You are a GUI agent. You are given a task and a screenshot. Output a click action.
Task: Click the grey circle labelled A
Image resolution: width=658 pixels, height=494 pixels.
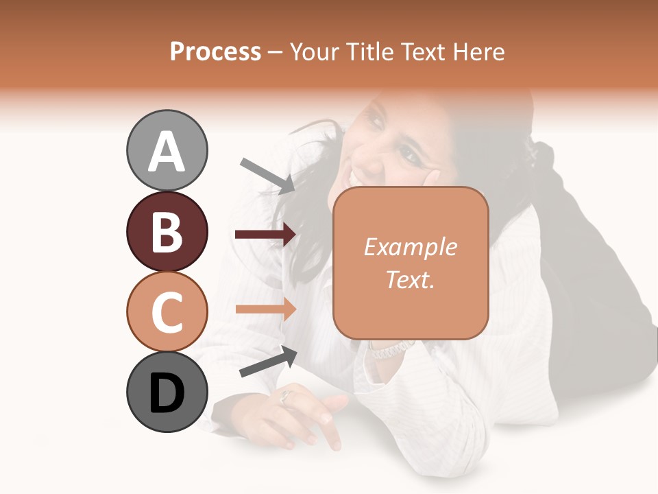tap(167, 150)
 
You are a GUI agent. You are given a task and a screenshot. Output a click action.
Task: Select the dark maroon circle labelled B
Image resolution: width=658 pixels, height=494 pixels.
tap(167, 231)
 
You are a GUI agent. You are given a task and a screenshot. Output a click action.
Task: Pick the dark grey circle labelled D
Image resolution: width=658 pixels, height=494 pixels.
tap(167, 392)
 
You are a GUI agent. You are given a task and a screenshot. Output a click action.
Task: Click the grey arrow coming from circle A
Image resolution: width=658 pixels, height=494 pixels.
tap(267, 175)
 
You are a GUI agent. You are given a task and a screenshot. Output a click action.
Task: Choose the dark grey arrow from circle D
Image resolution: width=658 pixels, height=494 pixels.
tap(268, 361)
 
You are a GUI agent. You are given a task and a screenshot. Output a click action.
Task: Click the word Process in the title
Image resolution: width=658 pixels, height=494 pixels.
tap(215, 51)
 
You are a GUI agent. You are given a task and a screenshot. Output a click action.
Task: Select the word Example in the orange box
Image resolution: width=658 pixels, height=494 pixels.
tap(411, 247)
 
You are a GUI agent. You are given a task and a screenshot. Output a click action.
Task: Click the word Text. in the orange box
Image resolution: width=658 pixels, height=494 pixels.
tap(411, 279)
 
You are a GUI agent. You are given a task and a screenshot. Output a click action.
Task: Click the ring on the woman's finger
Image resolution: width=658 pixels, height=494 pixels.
tap(287, 396)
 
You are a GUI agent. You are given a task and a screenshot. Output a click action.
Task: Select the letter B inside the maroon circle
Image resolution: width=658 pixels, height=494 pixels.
tap(167, 231)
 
